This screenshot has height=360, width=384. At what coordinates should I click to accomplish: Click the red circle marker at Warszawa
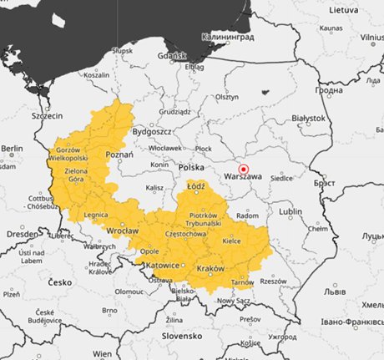coord(244,169)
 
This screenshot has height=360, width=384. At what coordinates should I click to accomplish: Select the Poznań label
coord(120,155)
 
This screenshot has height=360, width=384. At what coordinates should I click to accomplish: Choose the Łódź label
coord(197,188)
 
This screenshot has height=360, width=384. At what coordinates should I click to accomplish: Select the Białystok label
coord(310,119)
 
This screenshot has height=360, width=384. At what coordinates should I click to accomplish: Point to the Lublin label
coord(291,211)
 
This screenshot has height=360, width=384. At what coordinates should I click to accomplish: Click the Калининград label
coord(230,38)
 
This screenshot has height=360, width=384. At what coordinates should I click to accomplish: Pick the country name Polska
coord(191,168)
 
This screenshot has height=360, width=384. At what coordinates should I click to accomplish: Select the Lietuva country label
coord(342,10)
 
